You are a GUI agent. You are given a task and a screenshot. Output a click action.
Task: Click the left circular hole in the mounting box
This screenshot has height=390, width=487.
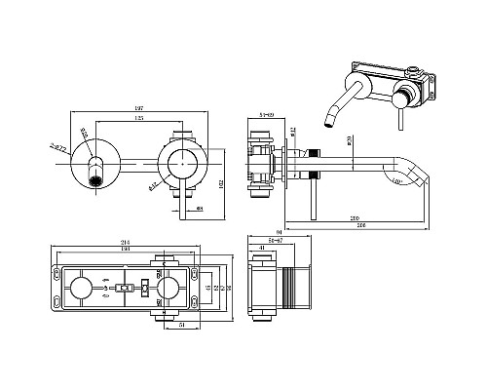tap(82, 289)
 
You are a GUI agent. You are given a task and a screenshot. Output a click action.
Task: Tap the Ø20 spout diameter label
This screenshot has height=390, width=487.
tap(348, 144)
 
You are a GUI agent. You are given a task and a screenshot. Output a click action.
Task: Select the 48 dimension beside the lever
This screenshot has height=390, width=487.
tap(199, 207)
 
